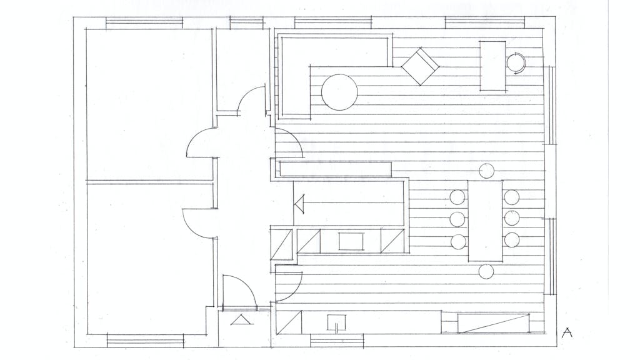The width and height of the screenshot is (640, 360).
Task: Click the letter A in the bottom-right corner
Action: tap(566, 332)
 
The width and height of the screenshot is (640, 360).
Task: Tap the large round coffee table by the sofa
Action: tap(339, 92)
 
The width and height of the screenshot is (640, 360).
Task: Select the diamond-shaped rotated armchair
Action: tap(420, 66)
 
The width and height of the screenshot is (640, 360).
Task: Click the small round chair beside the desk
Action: tap(516, 63)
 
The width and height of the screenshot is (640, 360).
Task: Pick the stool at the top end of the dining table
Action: tap(486, 171)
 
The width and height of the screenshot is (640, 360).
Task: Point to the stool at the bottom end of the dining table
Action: tap(486, 271)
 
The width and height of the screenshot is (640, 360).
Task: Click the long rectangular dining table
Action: tap(485, 221)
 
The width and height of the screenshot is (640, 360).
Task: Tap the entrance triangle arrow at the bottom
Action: tap(242, 319)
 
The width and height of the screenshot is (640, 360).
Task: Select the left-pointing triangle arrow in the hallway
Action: tap(300, 204)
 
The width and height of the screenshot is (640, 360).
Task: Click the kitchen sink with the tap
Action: tap(337, 322)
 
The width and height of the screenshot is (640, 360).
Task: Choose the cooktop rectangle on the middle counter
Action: tap(351, 241)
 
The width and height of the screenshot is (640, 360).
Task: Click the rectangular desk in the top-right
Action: tap(492, 66)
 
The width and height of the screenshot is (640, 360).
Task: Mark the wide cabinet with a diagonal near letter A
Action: tap(493, 323)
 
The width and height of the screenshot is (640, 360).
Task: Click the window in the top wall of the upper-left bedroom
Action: tap(144, 23)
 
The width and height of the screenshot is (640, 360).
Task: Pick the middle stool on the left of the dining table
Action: tap(457, 219)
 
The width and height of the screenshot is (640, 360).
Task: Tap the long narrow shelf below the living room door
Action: tap(336, 169)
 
